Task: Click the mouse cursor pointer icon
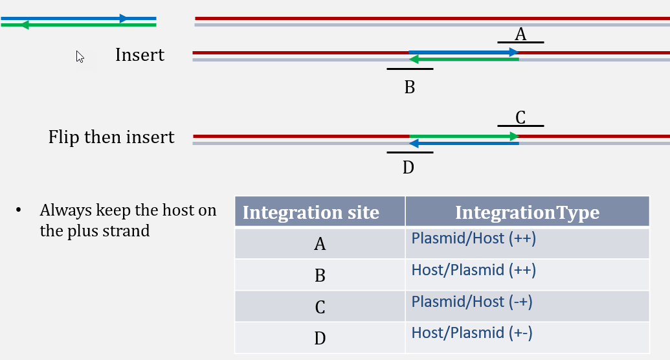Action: point(80,57)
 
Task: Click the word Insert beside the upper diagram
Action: point(140,55)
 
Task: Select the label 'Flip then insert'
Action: point(111,137)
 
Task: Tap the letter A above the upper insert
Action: point(520,34)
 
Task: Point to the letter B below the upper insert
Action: point(409,87)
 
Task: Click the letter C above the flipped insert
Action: point(520,118)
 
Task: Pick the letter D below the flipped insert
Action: point(408,167)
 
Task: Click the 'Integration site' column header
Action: point(311,212)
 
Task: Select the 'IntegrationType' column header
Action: point(528,212)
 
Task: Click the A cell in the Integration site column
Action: point(320,243)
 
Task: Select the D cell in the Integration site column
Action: point(320,338)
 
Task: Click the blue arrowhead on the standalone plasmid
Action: point(124,18)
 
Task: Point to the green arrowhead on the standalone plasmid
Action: point(25,25)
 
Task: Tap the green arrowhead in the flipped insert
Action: point(514,137)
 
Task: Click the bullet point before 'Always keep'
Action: point(18,210)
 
